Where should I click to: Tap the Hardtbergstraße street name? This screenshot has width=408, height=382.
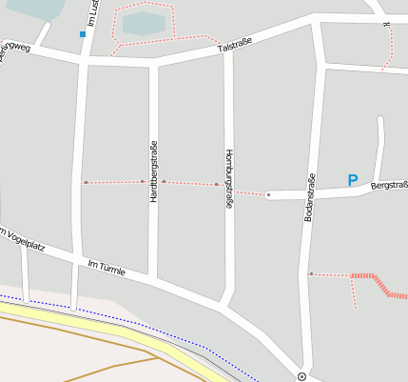point(153,171)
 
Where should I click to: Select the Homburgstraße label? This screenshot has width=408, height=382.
point(228,178)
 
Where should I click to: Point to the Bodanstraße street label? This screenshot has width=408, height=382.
point(309,198)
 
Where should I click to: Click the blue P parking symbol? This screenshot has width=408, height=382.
point(353,180)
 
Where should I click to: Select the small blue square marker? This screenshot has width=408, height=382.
point(83,34)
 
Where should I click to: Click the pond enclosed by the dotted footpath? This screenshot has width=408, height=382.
point(143,23)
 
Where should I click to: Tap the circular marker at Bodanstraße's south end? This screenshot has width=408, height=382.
point(301,376)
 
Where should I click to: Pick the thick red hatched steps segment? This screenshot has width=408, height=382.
point(379,283)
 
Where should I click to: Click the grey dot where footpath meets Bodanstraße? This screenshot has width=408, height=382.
point(311,274)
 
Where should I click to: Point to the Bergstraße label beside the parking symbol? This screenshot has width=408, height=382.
point(389,185)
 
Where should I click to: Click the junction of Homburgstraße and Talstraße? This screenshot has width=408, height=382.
point(227,51)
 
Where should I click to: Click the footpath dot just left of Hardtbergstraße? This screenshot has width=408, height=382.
point(143,181)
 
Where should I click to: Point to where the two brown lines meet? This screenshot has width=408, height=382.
point(158,358)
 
